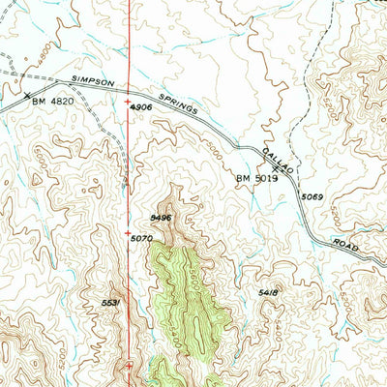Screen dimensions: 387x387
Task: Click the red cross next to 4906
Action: click(130, 102)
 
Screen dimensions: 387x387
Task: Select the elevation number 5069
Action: click(312, 196)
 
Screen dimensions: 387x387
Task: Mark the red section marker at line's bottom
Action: click(130, 365)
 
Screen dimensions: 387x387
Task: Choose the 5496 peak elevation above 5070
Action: click(161, 219)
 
